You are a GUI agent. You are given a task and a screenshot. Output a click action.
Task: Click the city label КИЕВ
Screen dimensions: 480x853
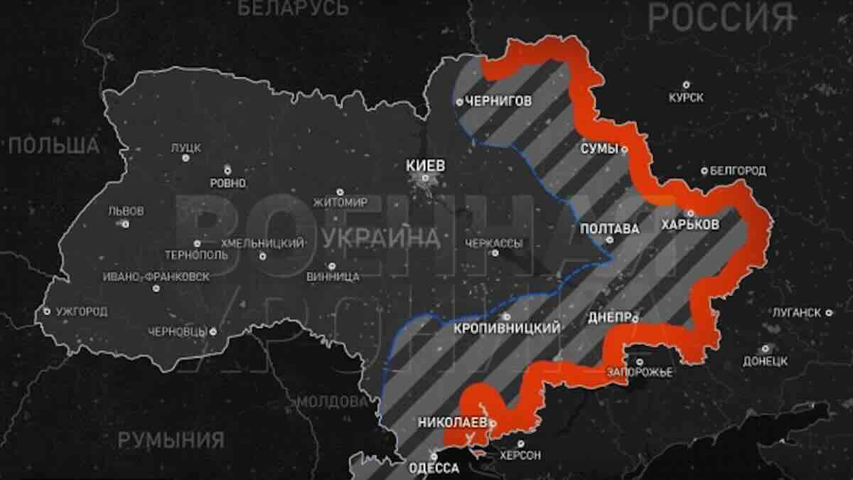pos(424,165)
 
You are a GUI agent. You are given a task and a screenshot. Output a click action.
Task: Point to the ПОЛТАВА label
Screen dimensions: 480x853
pos(609,229)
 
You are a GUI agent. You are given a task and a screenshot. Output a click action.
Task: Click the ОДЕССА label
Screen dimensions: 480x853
pos(434,468)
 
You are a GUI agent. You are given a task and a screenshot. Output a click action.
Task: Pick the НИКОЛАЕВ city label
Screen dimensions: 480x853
pos(452,422)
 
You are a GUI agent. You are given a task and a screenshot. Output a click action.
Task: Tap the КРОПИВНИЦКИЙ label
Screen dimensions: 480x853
pos(507,328)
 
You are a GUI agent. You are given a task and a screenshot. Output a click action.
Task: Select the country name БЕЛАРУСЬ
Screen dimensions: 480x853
pos(293,9)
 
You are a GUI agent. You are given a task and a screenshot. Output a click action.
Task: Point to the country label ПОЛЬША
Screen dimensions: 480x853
pos(54,146)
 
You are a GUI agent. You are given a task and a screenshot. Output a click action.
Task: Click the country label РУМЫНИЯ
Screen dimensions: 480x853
pos(171,439)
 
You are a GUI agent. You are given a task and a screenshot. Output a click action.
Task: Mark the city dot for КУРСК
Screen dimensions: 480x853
pos(686,85)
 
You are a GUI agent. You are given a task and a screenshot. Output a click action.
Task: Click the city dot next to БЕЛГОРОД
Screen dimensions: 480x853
pos(704,171)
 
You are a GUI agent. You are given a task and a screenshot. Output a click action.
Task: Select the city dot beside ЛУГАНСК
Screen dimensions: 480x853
pos(829,312)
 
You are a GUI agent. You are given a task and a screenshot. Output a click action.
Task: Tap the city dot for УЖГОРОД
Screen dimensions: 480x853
pos(47,311)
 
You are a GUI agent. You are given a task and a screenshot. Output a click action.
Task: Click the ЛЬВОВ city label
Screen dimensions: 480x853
pos(125,211)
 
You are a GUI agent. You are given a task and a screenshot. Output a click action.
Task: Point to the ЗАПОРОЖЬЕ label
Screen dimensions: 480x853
pos(639,372)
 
